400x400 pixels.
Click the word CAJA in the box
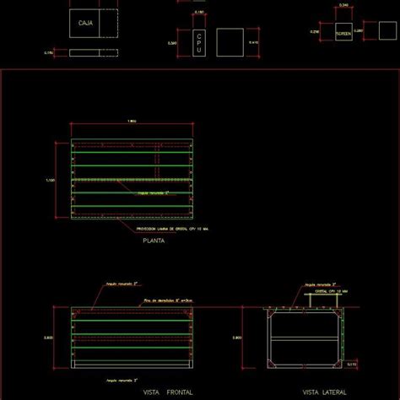pyautogui.click(x=84, y=24)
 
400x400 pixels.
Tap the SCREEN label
pyautogui.click(x=343, y=35)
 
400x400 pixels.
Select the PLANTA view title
pyautogui.click(x=153, y=241)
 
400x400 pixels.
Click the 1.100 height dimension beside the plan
pyautogui.click(x=51, y=180)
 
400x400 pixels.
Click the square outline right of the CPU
pyautogui.click(x=230, y=42)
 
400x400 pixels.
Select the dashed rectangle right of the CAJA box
pyautogui.click(x=111, y=24)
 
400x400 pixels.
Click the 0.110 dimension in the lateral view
pyautogui.click(x=350, y=364)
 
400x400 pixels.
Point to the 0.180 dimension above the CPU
pyautogui.click(x=198, y=13)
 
